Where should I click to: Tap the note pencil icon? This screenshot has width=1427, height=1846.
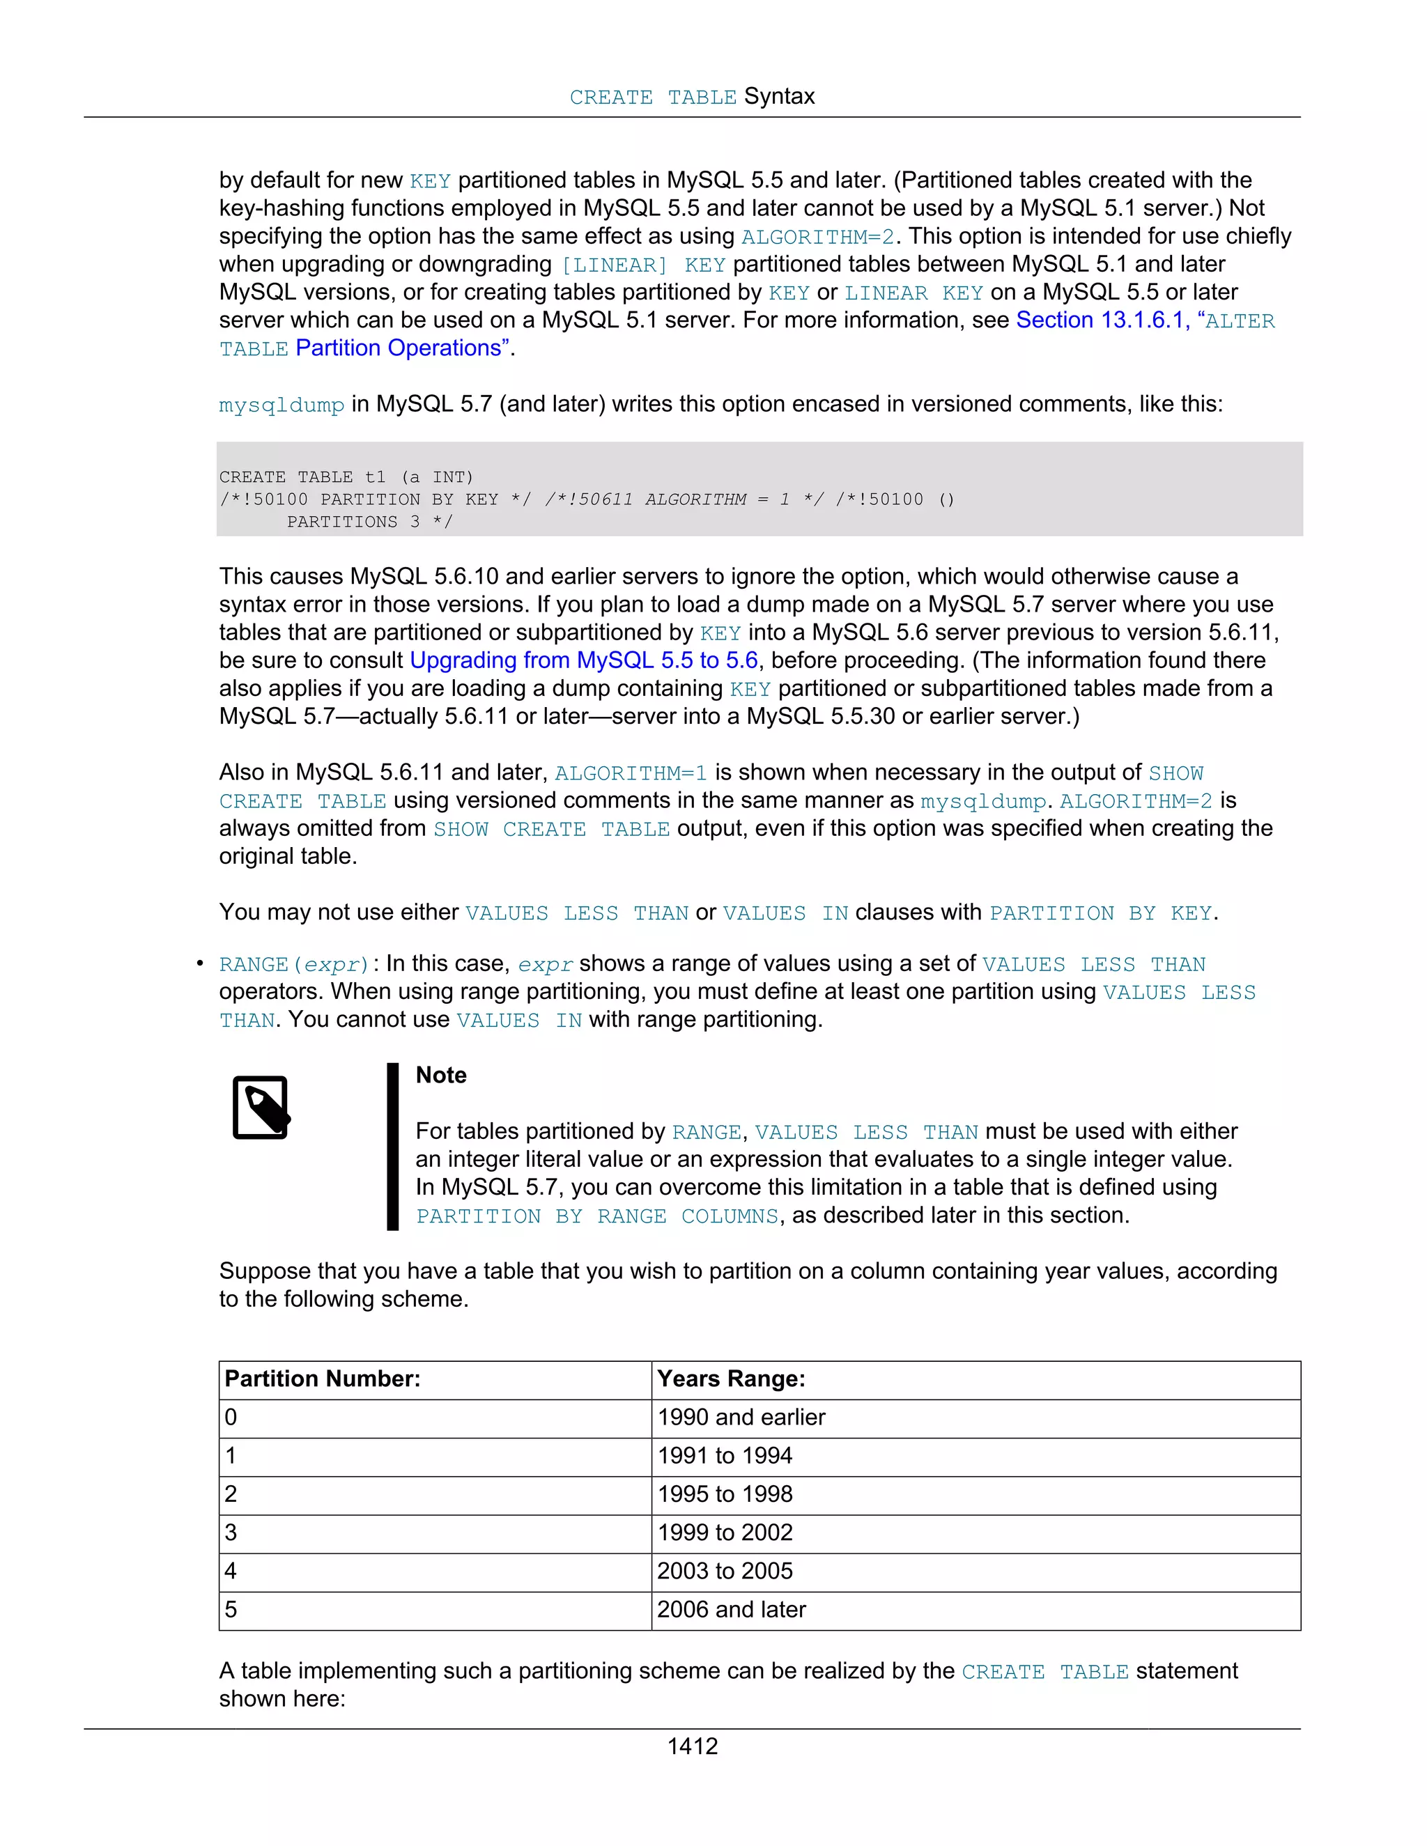(x=261, y=1108)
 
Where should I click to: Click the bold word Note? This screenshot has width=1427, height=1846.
(x=440, y=1075)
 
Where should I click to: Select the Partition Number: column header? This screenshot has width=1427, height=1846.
(x=322, y=1379)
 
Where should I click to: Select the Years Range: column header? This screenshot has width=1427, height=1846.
(x=730, y=1379)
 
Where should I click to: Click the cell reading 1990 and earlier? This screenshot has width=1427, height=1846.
(x=741, y=1418)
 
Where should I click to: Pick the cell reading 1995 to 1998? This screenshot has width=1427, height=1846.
(x=725, y=1494)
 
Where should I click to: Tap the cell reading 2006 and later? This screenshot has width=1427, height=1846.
(x=731, y=1609)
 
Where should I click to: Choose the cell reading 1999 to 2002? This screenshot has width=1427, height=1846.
(x=725, y=1533)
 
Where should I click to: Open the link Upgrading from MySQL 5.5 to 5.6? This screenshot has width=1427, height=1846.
(x=583, y=660)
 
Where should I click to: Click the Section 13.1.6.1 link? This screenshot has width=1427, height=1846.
(x=1098, y=320)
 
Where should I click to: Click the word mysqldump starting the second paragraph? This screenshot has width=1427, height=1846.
(x=281, y=405)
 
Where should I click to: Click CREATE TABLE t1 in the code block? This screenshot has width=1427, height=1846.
(x=302, y=476)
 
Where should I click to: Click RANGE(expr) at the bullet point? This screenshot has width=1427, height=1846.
(x=293, y=964)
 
